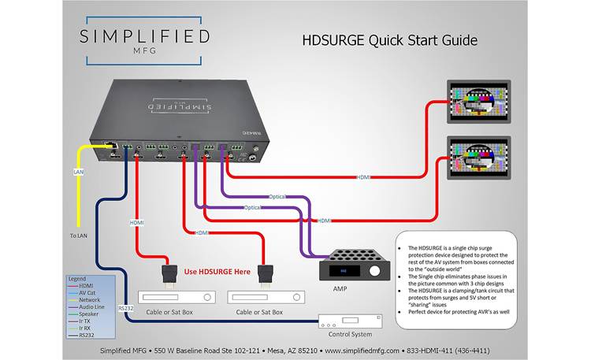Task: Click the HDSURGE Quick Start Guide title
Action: [x=390, y=40]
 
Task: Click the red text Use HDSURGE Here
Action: [x=217, y=272]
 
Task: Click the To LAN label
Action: [x=79, y=236]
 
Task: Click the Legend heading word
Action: [x=77, y=279]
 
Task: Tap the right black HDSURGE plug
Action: [x=265, y=273]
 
